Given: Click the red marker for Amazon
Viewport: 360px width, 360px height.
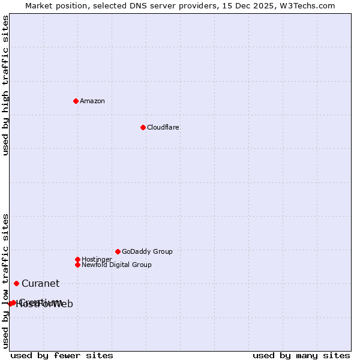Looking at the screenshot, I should (x=76, y=101).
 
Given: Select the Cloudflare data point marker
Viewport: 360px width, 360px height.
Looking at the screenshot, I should (x=143, y=127).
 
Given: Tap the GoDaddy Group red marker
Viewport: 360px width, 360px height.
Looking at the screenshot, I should (x=118, y=251).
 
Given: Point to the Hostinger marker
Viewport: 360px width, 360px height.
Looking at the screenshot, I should (x=77, y=259).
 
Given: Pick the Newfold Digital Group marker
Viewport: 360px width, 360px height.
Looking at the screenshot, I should (x=77, y=265).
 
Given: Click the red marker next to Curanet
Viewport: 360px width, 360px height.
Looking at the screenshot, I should (x=16, y=283).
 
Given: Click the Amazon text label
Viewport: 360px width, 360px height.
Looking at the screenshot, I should (x=92, y=101).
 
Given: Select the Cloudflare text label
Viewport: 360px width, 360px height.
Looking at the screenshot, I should (x=163, y=127).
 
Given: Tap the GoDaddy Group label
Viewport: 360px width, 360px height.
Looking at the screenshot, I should (x=147, y=251).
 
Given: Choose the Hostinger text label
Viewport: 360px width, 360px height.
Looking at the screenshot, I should (x=97, y=259).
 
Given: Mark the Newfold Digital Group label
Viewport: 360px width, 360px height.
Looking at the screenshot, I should (x=116, y=265).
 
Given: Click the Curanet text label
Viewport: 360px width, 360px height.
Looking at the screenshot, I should (x=40, y=284).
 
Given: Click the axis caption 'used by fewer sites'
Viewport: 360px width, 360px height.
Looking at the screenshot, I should (x=62, y=355).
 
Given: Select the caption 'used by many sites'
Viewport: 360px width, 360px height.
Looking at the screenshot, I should (x=301, y=355).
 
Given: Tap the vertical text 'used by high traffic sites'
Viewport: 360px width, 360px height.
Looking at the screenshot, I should (x=5, y=85).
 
